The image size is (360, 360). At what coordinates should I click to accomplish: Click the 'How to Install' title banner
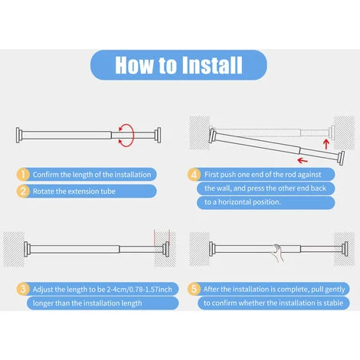(x=178, y=65)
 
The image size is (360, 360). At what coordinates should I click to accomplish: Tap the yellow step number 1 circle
(x=23, y=175)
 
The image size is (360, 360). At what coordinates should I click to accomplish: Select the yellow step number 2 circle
(x=23, y=191)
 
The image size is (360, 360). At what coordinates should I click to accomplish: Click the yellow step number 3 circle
(x=23, y=289)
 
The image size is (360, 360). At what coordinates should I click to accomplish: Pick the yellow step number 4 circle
(x=194, y=175)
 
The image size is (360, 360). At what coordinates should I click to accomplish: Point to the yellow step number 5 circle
(x=194, y=289)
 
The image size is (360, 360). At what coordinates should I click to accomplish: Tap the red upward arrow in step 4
(x=326, y=144)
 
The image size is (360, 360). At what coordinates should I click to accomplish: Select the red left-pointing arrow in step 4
(x=303, y=161)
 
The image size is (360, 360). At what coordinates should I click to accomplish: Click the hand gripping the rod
(x=278, y=253)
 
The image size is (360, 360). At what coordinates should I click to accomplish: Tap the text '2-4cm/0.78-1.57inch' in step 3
(x=139, y=290)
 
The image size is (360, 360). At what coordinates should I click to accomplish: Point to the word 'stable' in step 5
(x=333, y=303)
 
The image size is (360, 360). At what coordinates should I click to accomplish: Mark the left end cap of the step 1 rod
(x=18, y=135)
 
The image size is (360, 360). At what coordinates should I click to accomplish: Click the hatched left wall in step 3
(x=14, y=250)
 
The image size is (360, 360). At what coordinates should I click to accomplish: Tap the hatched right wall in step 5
(x=344, y=250)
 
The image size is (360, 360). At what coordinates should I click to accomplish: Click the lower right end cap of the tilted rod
(x=342, y=158)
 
